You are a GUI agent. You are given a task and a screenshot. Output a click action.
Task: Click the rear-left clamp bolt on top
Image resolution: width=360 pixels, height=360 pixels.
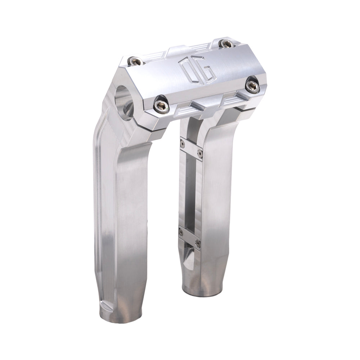[x=136, y=62]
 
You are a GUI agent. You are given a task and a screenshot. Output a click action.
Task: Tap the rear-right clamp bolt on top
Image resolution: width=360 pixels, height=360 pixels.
[x=226, y=44]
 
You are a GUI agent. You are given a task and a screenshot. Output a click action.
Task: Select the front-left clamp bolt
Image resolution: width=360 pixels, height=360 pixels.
[x=161, y=105]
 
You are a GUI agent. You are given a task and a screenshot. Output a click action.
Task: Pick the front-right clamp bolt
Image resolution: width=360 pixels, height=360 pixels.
[x=252, y=86]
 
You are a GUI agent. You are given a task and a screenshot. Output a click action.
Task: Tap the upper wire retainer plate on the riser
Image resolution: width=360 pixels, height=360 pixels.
[x=191, y=148]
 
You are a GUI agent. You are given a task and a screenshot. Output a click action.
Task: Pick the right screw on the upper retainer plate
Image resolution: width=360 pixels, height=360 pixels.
[x=200, y=154]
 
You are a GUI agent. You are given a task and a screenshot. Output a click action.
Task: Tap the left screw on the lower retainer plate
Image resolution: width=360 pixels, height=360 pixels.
[x=181, y=233]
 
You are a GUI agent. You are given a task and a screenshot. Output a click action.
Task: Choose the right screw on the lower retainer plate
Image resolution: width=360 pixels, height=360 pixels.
[x=198, y=243]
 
